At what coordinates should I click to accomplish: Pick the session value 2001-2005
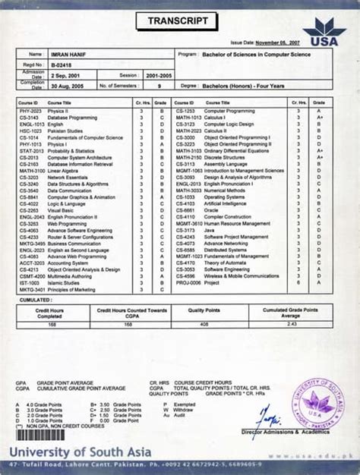(146, 76)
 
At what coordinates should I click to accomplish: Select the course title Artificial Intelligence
(225, 204)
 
